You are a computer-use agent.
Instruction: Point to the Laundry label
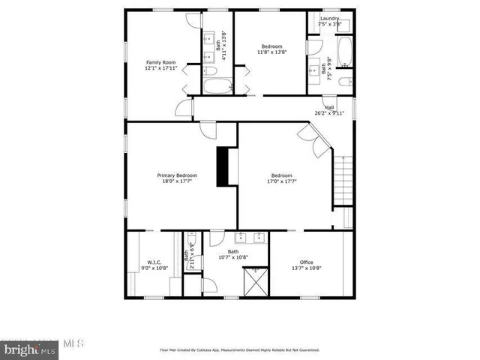329,19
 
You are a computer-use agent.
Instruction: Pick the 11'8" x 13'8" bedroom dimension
272,52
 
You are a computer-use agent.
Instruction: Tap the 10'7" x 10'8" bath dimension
233,257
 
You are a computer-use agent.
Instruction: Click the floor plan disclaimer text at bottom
239,350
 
